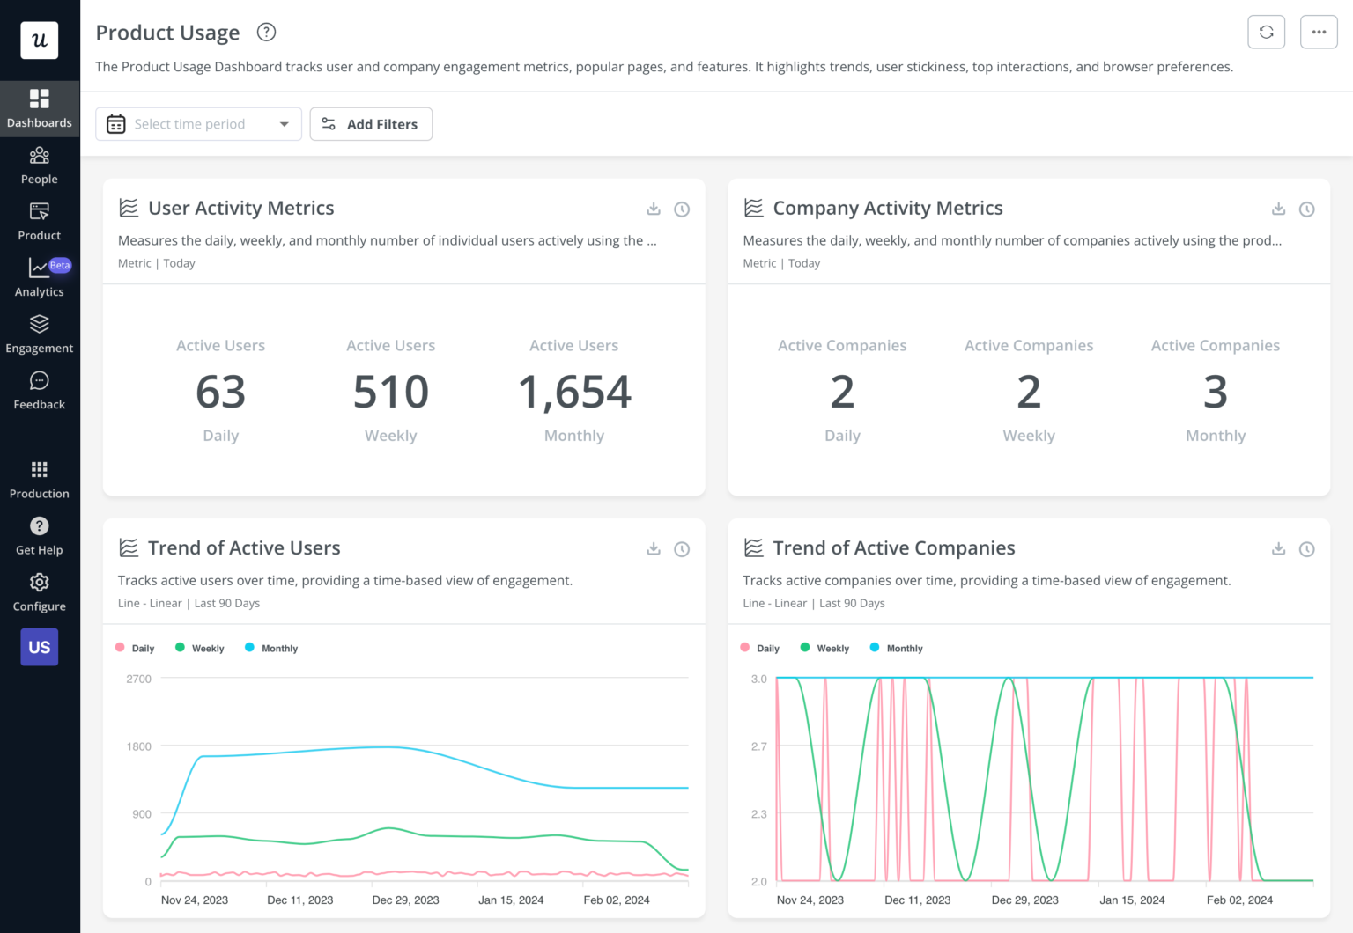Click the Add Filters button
371,124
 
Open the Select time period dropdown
198,124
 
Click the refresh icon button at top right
1266,33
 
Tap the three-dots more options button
1319,33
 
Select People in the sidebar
40,165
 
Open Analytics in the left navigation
40,278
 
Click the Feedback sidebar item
40,391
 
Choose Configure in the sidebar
40,592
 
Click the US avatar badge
40,647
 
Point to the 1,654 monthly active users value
574,393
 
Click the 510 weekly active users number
390,393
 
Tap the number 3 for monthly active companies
1215,393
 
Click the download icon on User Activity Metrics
654,209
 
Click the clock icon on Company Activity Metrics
1306,209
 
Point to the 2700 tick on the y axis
139,679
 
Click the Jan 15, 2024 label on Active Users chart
511,900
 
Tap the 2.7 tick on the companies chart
758,746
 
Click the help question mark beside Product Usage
266,33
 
